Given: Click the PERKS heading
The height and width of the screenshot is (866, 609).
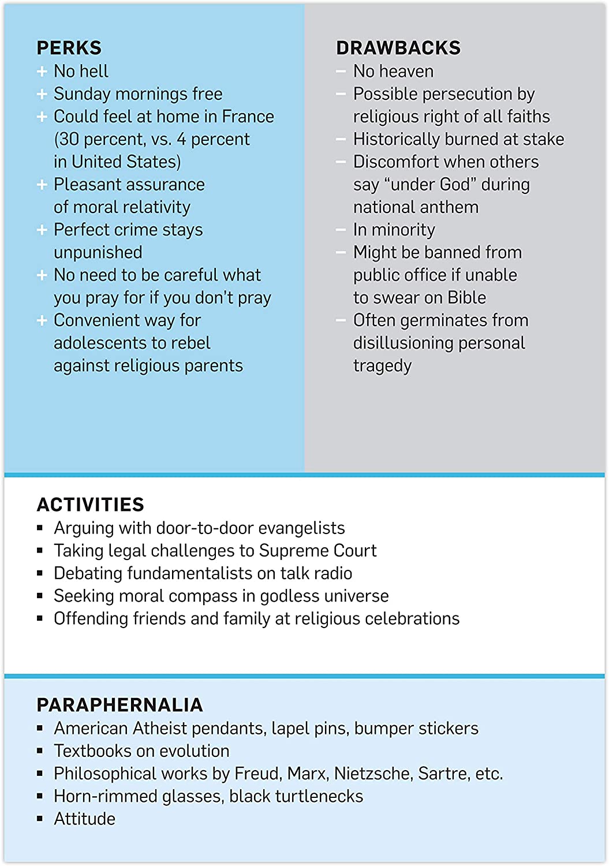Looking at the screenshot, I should tap(69, 48).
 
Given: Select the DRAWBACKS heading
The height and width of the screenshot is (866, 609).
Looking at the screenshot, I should tap(398, 48).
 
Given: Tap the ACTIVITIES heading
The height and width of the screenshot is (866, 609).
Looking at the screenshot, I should tap(90, 505).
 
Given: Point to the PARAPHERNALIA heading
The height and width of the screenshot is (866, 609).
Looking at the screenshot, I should tap(119, 705).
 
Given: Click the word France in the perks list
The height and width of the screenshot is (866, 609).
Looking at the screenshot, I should tap(248, 117).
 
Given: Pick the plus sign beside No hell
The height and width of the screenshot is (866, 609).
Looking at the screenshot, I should tap(42, 72).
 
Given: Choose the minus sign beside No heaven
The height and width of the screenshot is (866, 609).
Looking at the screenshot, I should tap(341, 72).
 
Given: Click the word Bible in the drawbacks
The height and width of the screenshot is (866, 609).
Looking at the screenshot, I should tap(466, 298).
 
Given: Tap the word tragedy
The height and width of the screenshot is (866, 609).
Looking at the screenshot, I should tap(382, 366).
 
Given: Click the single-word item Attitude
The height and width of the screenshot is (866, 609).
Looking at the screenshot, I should tap(84, 819).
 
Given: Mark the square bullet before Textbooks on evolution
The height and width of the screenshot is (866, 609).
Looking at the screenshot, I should tap(40, 751).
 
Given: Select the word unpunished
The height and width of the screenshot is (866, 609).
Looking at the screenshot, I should tap(98, 253).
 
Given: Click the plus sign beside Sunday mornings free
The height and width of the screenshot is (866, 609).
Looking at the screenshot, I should tap(42, 94).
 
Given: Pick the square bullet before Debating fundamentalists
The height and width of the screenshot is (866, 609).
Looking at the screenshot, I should tap(40, 573).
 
